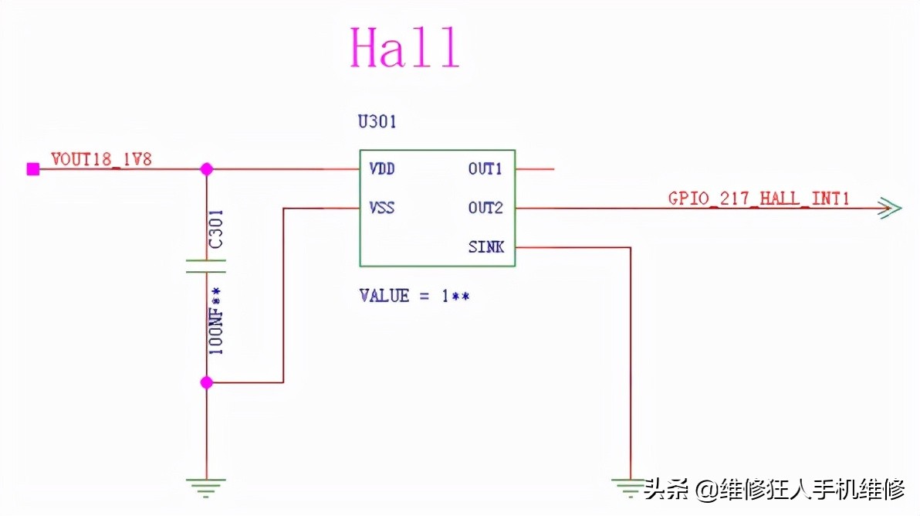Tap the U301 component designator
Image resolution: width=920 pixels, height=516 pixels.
pyautogui.click(x=377, y=121)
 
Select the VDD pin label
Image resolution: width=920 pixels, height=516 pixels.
pyautogui.click(x=382, y=168)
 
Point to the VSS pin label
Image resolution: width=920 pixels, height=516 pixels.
pyautogui.click(x=382, y=208)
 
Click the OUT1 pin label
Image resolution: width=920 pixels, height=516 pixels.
pyautogui.click(x=485, y=168)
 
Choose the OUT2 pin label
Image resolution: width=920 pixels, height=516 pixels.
pyautogui.click(x=485, y=208)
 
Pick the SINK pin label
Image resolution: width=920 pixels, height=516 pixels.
pyautogui.click(x=485, y=247)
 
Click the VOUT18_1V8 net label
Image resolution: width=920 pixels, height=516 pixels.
pyautogui.click(x=101, y=160)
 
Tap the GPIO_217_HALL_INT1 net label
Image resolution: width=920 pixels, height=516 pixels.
pyautogui.click(x=759, y=199)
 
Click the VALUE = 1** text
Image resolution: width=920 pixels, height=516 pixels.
pyautogui.click(x=414, y=296)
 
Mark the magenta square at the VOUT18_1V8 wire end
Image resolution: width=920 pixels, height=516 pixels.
pyautogui.click(x=32, y=169)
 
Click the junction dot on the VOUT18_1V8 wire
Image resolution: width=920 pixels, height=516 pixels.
pyautogui.click(x=206, y=169)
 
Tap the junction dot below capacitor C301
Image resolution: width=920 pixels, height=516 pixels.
pyautogui.click(x=206, y=382)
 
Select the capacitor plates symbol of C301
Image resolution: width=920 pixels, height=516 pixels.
pyautogui.click(x=206, y=266)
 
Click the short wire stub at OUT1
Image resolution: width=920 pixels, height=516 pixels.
pyautogui.click(x=535, y=169)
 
